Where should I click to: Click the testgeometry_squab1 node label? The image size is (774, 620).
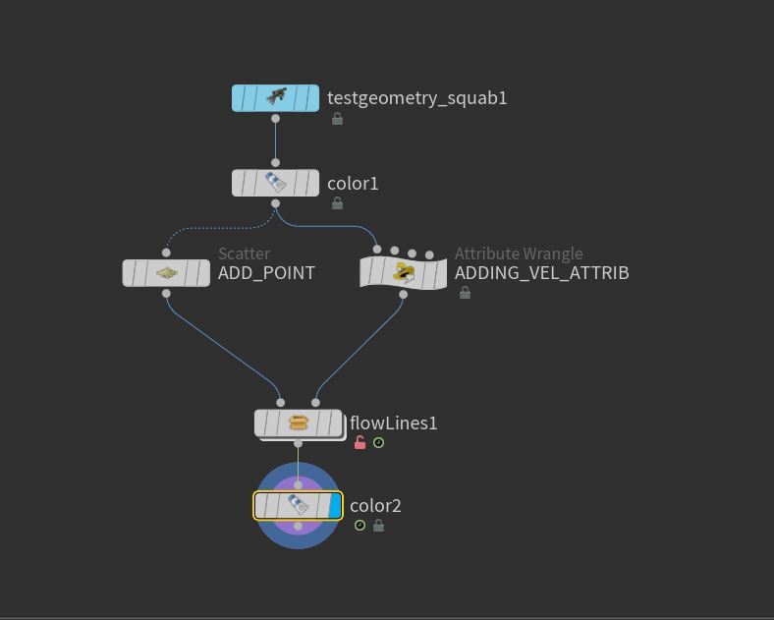(x=416, y=98)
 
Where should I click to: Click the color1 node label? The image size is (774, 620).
(x=353, y=184)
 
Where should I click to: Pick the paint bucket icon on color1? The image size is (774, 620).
(x=275, y=184)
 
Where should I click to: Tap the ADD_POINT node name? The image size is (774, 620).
(x=266, y=273)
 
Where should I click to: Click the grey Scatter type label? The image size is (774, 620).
(x=244, y=254)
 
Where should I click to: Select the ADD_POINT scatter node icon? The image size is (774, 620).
(x=166, y=273)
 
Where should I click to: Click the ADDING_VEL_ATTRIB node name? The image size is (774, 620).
(x=541, y=273)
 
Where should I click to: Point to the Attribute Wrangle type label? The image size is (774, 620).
(x=519, y=254)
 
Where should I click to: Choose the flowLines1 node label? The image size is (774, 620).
(x=394, y=423)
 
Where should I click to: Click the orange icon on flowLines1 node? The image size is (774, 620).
(x=299, y=423)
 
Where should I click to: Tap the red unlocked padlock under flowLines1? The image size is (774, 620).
(x=359, y=443)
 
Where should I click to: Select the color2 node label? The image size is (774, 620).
(x=375, y=506)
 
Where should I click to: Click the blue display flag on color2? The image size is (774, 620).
(x=335, y=506)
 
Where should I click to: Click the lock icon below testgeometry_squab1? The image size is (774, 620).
(x=337, y=119)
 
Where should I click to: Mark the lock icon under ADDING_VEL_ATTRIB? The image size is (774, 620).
(x=465, y=293)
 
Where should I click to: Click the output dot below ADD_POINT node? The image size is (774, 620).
(x=166, y=293)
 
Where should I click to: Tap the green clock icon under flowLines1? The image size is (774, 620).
(x=378, y=443)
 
